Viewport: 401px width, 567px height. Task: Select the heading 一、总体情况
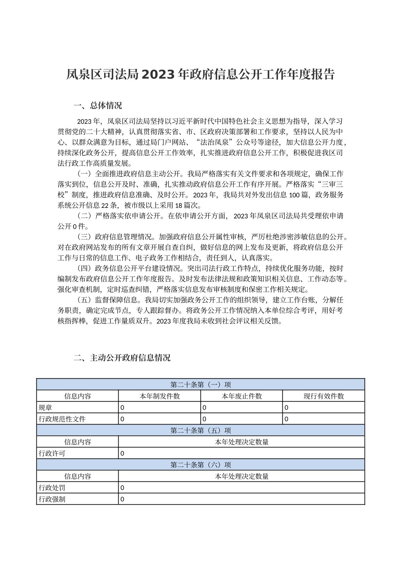coord(98,106)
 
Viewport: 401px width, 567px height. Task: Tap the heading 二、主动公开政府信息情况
coord(122,358)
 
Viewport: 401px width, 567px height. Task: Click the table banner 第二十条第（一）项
coord(201,385)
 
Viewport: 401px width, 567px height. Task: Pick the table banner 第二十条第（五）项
coord(201,431)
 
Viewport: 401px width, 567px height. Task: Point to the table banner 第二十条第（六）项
coord(201,465)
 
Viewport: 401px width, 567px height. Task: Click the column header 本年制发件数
coord(160,396)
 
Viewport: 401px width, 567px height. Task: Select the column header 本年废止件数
coord(242,396)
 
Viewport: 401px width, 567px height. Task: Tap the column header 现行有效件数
coord(323,396)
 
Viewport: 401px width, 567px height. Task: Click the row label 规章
coord(45,408)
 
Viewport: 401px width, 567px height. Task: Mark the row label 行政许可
coord(52,453)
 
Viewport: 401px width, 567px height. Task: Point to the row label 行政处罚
coord(52,488)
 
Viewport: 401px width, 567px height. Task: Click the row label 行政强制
coord(52,499)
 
